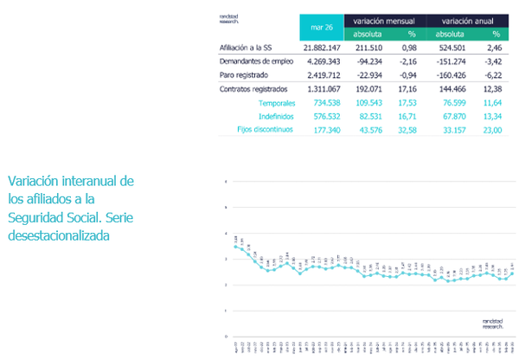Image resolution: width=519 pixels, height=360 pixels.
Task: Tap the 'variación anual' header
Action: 466,19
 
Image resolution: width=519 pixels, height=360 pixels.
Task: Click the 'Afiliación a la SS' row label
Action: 250,48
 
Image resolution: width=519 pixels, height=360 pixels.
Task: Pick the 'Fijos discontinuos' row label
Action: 265,129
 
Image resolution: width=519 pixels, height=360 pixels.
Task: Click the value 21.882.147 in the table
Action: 320,48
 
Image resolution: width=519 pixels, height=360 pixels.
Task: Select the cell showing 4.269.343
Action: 323,61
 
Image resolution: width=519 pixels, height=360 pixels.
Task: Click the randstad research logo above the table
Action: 229,18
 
